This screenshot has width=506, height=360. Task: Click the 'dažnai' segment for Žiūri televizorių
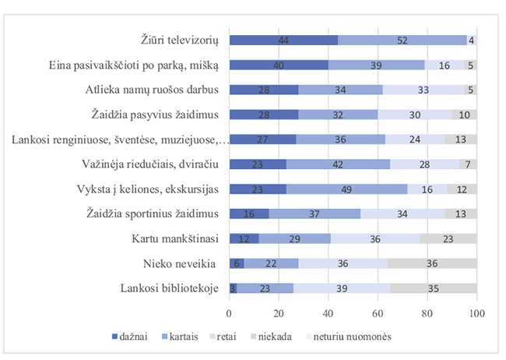[283, 40]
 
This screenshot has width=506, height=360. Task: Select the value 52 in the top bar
[402, 40]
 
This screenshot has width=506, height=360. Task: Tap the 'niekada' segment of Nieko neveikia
[432, 263]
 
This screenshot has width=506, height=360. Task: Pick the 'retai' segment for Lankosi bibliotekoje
[342, 288]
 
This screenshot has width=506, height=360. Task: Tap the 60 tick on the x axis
[378, 312]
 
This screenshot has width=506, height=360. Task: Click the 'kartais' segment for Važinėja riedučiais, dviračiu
[337, 164]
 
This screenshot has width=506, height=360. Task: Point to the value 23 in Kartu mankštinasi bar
[448, 239]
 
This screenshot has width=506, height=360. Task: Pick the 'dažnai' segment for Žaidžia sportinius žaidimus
[248, 214]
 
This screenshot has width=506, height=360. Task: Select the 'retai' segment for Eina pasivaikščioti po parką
[444, 65]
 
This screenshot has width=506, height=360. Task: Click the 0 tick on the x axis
[229, 312]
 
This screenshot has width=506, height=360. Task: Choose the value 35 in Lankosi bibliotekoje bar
[433, 288]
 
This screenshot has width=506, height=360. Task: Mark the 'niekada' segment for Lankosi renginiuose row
[460, 139]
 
